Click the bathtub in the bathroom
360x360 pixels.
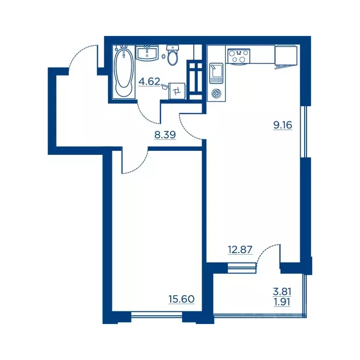(x=124, y=72)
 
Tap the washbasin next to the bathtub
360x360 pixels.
(x=147, y=53)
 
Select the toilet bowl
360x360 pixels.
(x=172, y=55)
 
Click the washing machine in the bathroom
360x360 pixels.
(x=177, y=91)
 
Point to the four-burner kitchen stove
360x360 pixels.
(x=238, y=56)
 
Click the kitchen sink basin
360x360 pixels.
(x=216, y=73)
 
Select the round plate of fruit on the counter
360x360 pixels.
(x=216, y=93)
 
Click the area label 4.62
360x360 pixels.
(x=149, y=81)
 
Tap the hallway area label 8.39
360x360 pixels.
(x=165, y=135)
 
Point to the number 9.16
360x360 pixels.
(x=283, y=125)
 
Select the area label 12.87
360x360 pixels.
(x=240, y=249)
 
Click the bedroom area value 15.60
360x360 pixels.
(x=181, y=299)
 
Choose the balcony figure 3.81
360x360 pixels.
(x=282, y=292)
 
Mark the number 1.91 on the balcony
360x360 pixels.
(x=282, y=302)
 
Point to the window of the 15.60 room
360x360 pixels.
(x=157, y=314)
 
